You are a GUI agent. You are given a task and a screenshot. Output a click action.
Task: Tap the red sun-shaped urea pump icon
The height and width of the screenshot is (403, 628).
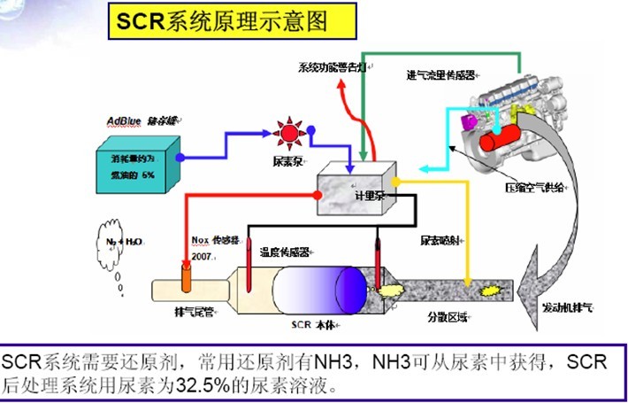point(287,135)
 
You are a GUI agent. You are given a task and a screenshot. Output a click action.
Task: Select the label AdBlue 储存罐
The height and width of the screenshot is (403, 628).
point(138,120)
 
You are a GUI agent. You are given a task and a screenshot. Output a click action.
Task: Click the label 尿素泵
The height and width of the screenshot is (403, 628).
point(287,163)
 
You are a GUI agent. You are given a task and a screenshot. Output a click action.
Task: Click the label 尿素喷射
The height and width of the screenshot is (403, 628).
point(440,239)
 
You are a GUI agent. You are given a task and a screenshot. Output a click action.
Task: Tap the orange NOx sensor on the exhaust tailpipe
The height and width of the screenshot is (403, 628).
point(187,274)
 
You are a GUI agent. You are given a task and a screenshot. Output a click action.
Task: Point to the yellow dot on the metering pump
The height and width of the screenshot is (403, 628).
point(397,182)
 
